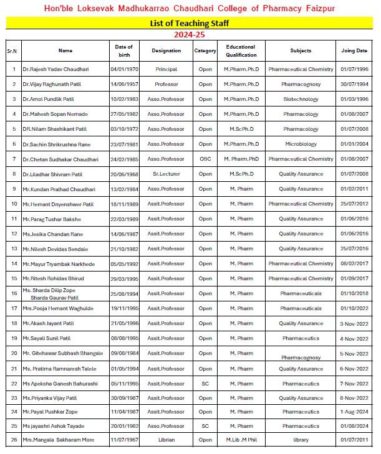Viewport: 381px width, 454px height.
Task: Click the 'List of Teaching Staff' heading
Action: (x=190, y=23)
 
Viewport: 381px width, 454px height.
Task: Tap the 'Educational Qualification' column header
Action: (x=241, y=50)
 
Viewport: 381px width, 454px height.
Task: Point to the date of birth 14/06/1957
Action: (x=124, y=84)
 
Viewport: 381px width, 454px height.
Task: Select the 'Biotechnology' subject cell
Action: (x=301, y=99)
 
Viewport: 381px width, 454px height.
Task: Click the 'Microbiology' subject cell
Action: (x=301, y=144)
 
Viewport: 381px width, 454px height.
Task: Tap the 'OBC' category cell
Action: (x=205, y=159)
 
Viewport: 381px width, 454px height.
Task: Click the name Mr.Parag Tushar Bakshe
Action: (x=51, y=219)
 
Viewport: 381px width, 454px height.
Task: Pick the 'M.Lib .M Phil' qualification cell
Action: (x=241, y=440)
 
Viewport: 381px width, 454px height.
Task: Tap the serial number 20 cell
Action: (x=13, y=353)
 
